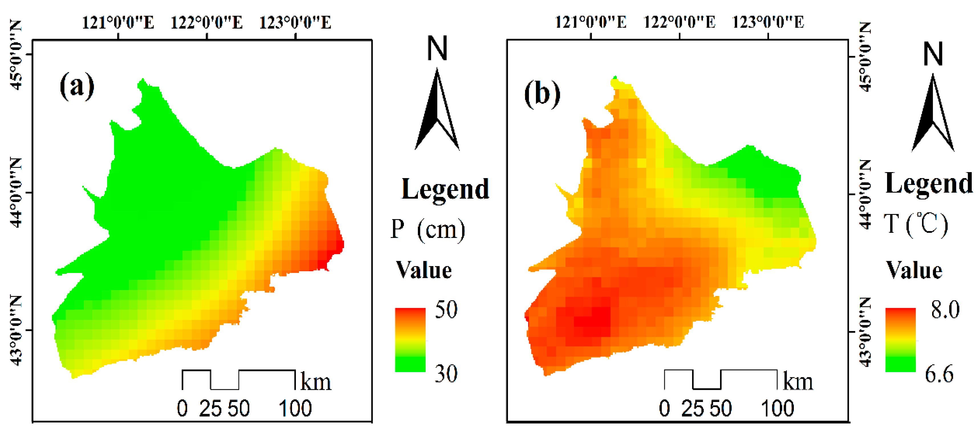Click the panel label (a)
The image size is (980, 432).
(77, 86)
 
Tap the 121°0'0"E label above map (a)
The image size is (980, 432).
(118, 23)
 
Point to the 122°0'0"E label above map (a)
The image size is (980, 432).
(207, 23)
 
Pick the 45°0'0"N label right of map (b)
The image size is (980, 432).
(865, 57)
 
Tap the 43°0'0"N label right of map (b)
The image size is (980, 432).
(865, 332)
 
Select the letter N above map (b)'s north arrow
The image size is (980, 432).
(933, 54)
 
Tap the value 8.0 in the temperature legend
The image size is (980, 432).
(945, 309)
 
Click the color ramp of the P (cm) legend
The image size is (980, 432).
(410, 340)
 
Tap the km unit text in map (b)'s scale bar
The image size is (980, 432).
(798, 382)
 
